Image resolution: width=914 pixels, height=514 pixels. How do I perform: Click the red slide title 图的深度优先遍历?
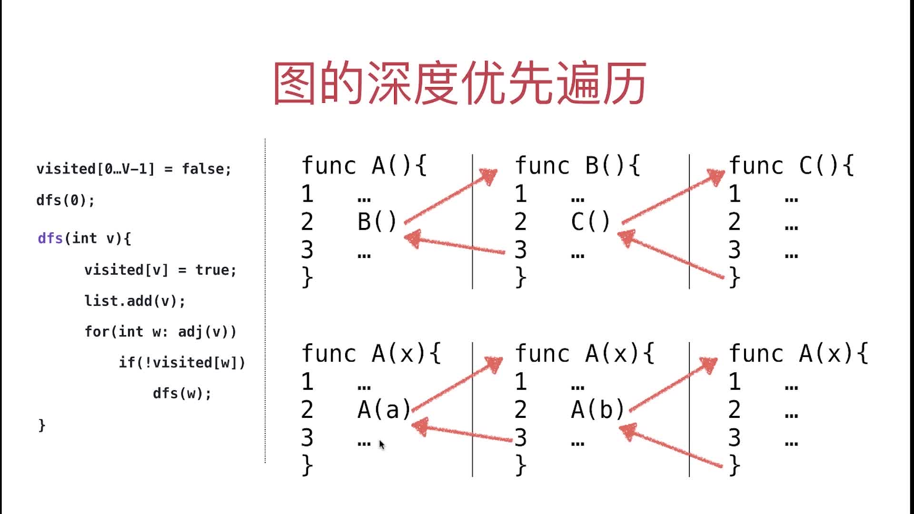459,84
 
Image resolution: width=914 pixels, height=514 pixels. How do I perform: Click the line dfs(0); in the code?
66,200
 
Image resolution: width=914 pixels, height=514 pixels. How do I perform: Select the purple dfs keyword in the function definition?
50,238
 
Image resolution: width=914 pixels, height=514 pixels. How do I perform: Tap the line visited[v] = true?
160,270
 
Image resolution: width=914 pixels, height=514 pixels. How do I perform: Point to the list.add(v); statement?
135,301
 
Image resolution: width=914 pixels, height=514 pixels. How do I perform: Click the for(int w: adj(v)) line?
160,331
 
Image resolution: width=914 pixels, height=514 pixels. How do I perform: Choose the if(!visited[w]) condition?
182,363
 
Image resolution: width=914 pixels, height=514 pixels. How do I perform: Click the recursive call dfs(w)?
182,394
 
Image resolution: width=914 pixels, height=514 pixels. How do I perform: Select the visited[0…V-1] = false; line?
134,169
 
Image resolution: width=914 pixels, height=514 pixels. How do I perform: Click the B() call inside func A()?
377,222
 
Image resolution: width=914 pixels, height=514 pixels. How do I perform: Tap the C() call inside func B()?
590,222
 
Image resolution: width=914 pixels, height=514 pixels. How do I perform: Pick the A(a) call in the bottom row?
384,410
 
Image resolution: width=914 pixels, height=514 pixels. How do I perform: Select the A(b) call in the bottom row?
597,410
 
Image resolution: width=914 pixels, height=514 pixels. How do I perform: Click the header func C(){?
791,166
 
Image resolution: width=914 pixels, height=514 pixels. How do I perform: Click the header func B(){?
577,166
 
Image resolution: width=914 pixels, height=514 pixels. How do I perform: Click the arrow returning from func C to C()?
671,255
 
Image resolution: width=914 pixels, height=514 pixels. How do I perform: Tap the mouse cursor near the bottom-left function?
381,445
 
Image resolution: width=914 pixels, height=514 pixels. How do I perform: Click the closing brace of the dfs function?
42,425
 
